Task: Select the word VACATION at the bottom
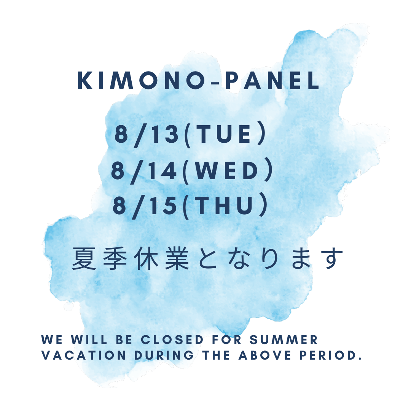(x=83, y=355)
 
